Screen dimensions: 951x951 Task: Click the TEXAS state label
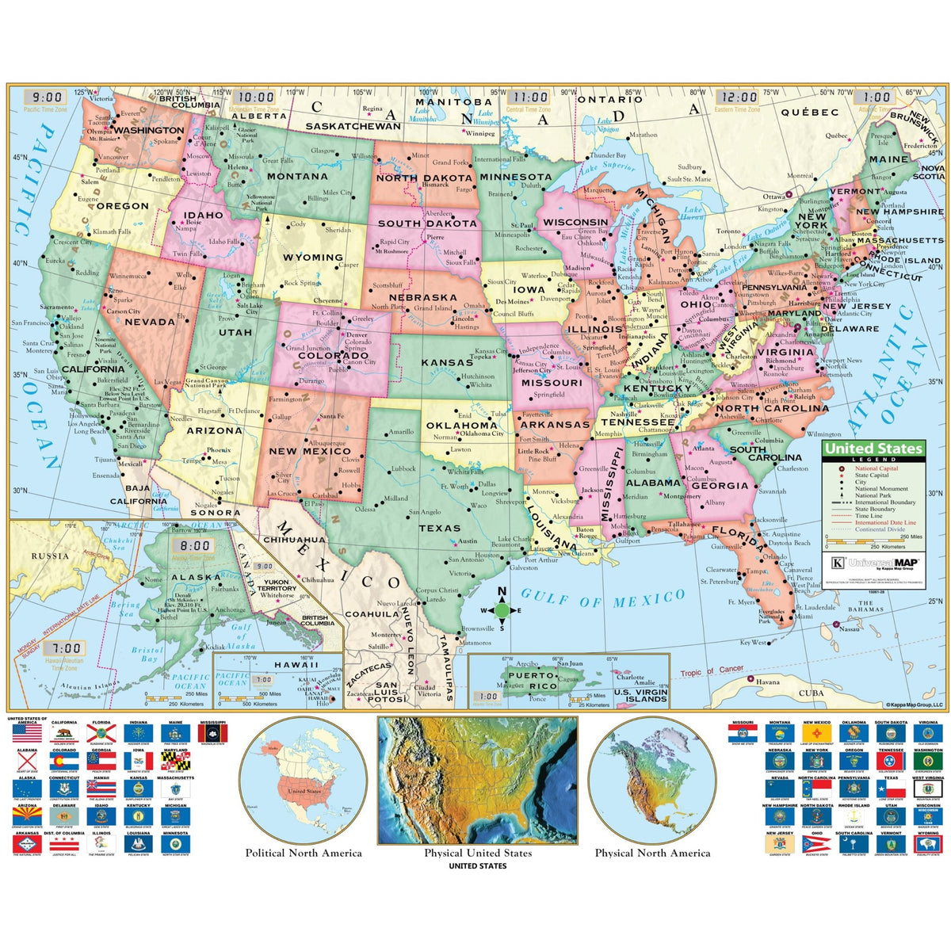click(439, 528)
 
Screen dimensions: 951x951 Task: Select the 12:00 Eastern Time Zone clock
click(739, 97)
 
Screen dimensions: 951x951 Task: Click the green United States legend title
click(873, 449)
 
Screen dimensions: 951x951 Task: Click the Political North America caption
click(304, 853)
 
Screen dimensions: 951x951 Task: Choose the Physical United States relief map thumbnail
click(478, 781)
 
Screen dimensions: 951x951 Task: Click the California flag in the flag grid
click(64, 734)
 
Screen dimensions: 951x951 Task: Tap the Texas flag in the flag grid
click(892, 792)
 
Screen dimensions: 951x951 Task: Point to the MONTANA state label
click(297, 177)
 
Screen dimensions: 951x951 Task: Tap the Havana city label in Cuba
click(767, 682)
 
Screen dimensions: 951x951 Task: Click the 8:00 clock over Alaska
click(194, 546)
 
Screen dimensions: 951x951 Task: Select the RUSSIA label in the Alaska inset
click(51, 556)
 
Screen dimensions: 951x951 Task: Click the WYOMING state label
click(313, 258)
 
